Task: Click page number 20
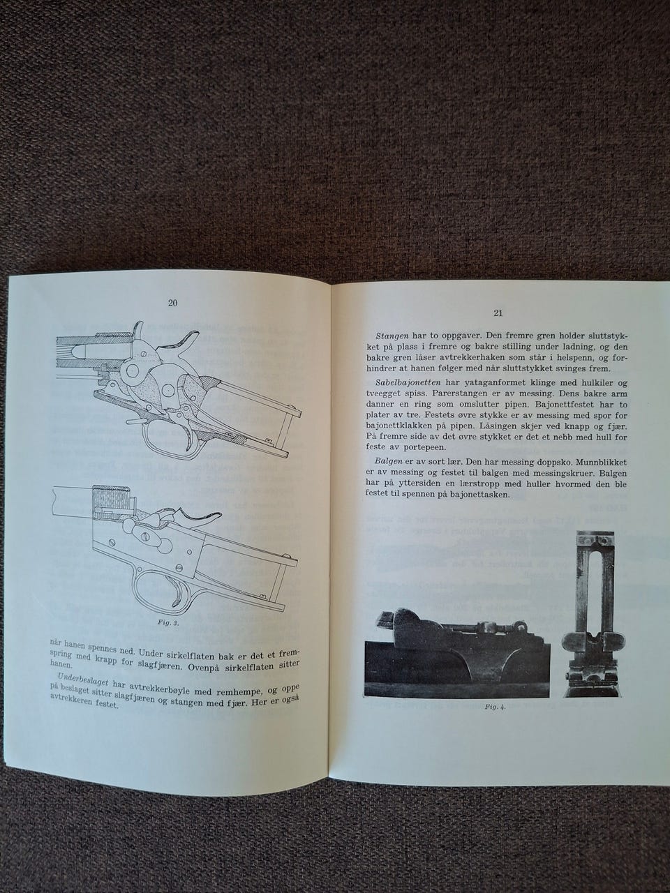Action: tap(172, 303)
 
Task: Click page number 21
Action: tap(498, 313)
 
